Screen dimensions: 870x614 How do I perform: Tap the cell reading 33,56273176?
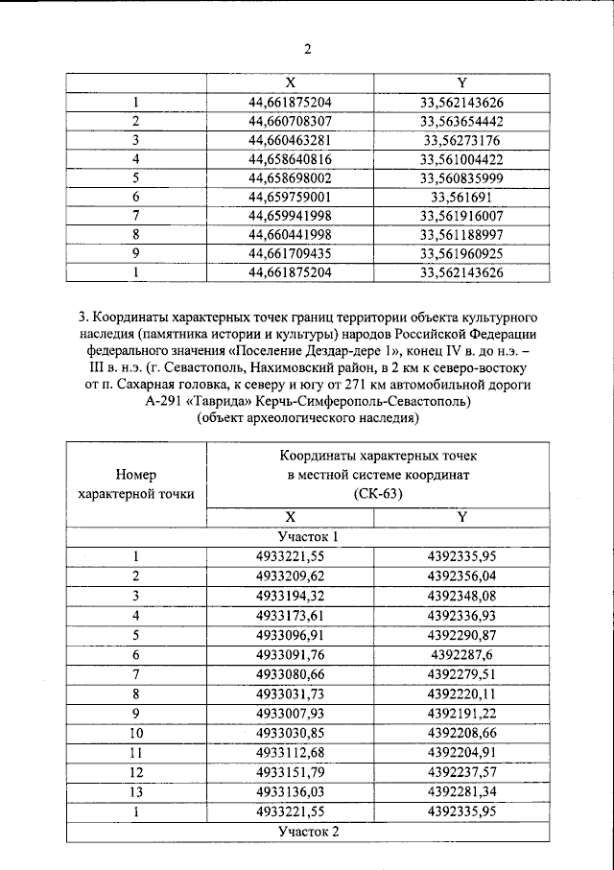tap(461, 140)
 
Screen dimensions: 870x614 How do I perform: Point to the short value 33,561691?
tap(461, 197)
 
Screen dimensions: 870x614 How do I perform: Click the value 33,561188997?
tap(461, 235)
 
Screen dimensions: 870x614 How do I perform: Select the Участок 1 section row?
tap(308, 537)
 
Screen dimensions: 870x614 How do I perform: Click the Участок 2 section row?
tap(308, 832)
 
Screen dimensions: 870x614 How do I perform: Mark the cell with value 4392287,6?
tap(461, 655)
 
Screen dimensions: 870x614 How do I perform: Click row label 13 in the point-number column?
tap(136, 792)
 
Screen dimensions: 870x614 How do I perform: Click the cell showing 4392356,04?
tap(461, 576)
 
